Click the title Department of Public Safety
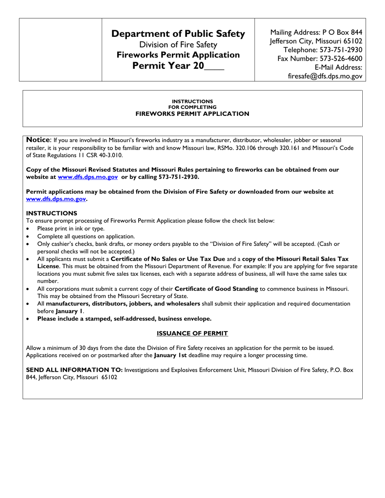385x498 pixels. [178, 34]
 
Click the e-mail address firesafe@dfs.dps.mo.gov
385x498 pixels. [325, 76]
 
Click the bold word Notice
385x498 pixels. [38, 140]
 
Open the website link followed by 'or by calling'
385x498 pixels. [88, 177]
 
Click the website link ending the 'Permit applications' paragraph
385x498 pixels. [56, 199]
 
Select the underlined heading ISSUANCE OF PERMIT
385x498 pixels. [192, 333]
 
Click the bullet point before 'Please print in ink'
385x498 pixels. [28, 229]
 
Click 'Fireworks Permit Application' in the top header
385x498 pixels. [178, 55]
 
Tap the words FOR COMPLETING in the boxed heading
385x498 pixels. [192, 107]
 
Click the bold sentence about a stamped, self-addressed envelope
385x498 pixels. [124, 319]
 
